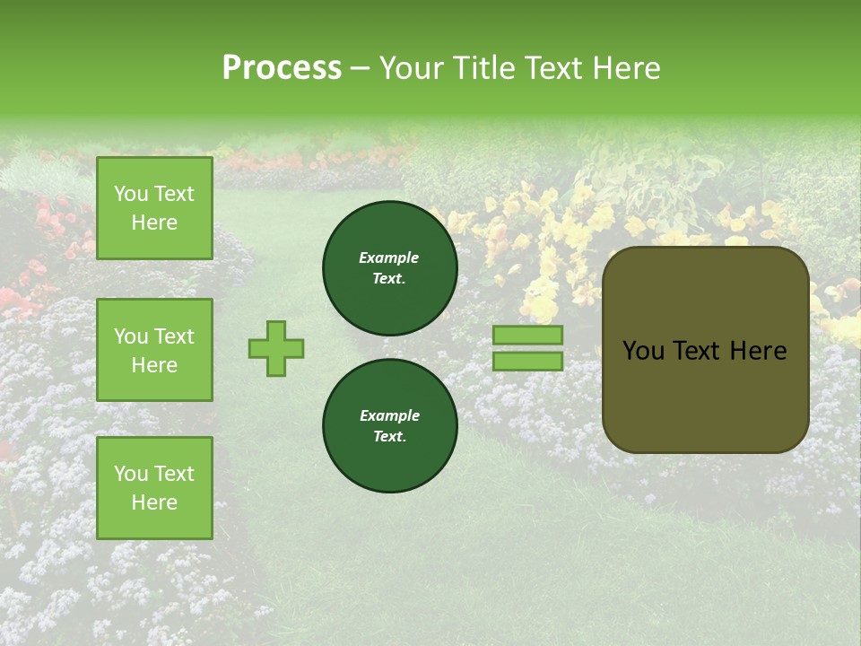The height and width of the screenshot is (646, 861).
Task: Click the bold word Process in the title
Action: click(282, 67)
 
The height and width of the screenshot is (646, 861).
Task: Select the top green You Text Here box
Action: click(154, 208)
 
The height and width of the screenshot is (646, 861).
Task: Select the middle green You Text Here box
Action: click(154, 350)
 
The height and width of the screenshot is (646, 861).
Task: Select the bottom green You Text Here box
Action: click(154, 487)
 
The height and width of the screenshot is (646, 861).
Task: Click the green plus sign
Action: click(276, 348)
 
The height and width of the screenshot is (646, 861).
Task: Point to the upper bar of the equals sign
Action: click(528, 335)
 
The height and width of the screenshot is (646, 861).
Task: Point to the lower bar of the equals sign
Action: click(528, 362)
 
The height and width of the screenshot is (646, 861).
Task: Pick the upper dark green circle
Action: click(390, 267)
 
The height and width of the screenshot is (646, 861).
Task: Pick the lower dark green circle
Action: click(390, 425)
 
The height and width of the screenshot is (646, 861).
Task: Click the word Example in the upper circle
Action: click(389, 258)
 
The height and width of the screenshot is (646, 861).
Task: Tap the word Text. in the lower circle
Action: click(390, 436)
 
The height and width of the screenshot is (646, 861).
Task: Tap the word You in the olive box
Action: click(643, 351)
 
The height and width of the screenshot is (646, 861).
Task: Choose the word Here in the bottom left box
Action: click(154, 502)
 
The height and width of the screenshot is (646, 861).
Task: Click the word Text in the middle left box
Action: click(174, 336)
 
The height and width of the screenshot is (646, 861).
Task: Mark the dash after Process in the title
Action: click(361, 68)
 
